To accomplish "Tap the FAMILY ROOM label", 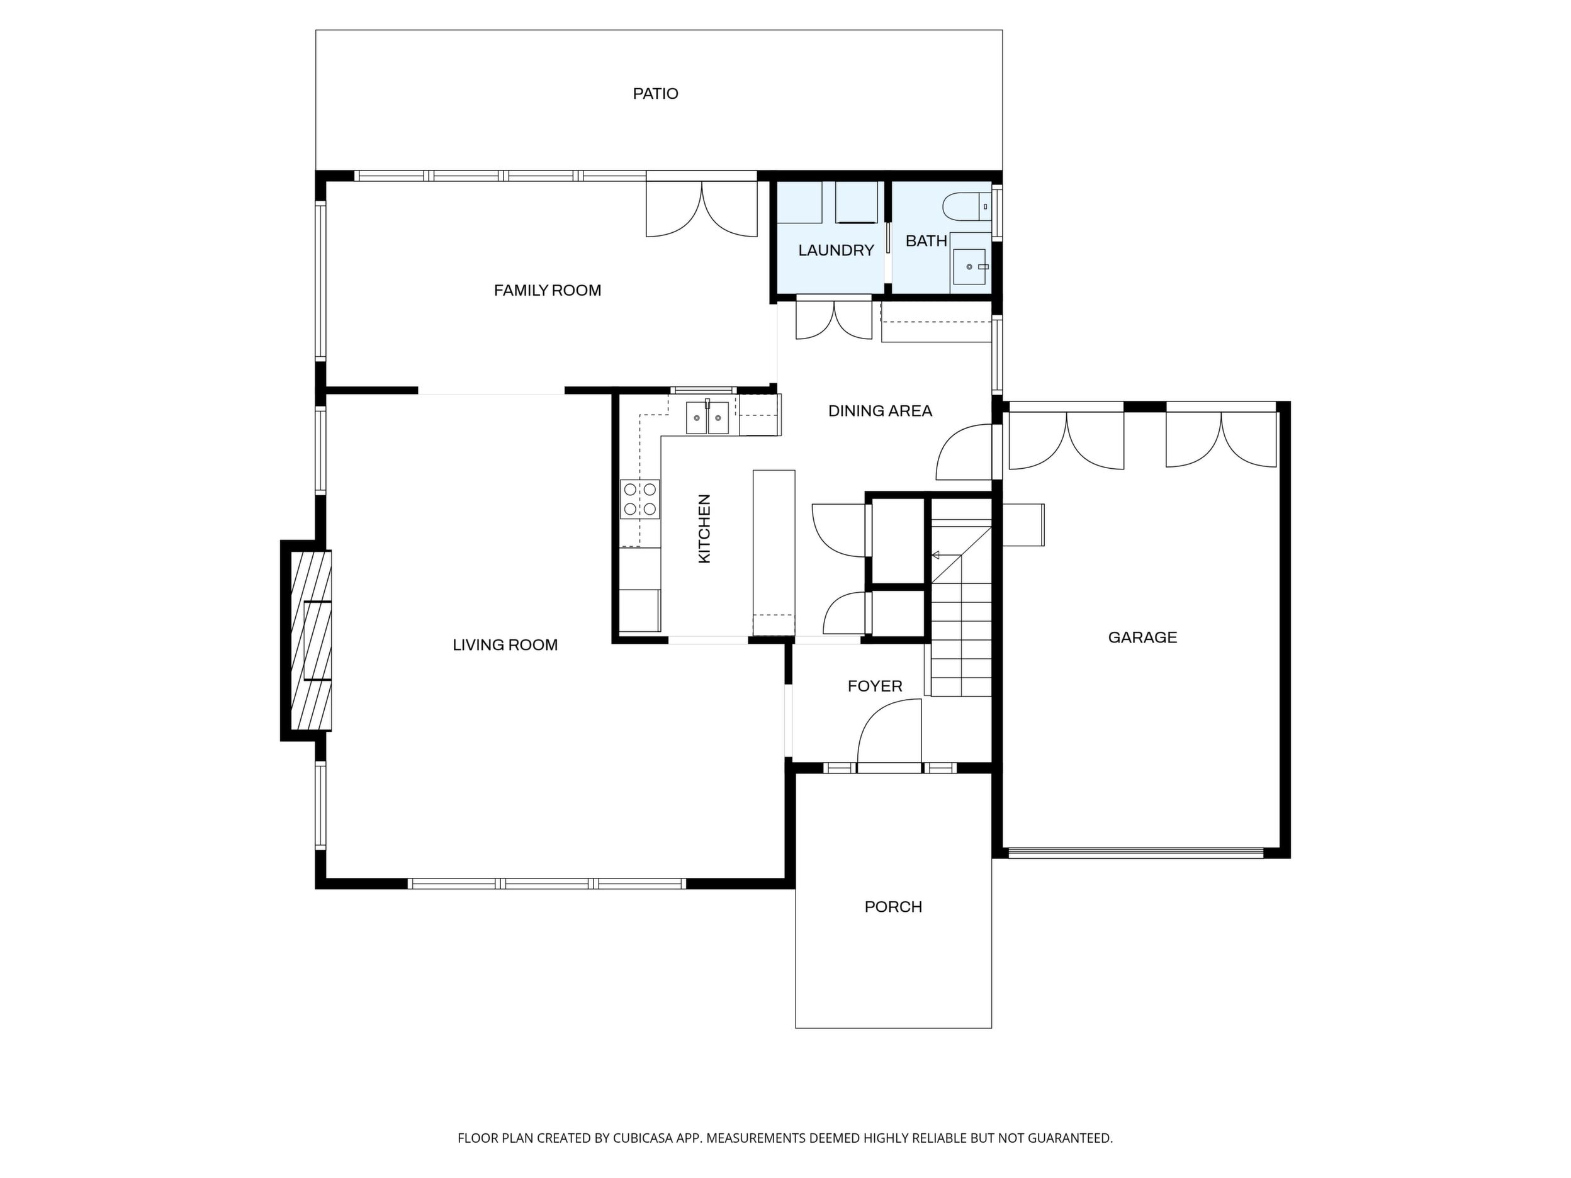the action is click(548, 291).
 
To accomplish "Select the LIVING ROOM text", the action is click(505, 645).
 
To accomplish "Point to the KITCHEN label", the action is click(704, 529).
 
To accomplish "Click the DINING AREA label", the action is click(880, 410).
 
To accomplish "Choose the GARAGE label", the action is click(1142, 637).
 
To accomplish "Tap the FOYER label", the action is click(875, 686).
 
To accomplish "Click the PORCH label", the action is click(892, 907).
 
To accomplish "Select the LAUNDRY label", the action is click(836, 250).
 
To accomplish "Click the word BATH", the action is click(926, 241).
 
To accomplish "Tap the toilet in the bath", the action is click(966, 206).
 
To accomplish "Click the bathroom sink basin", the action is click(969, 267).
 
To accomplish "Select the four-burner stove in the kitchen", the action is click(640, 498).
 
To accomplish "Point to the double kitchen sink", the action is click(707, 417).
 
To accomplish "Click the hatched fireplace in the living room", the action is click(311, 641).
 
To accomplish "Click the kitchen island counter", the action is click(774, 553).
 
